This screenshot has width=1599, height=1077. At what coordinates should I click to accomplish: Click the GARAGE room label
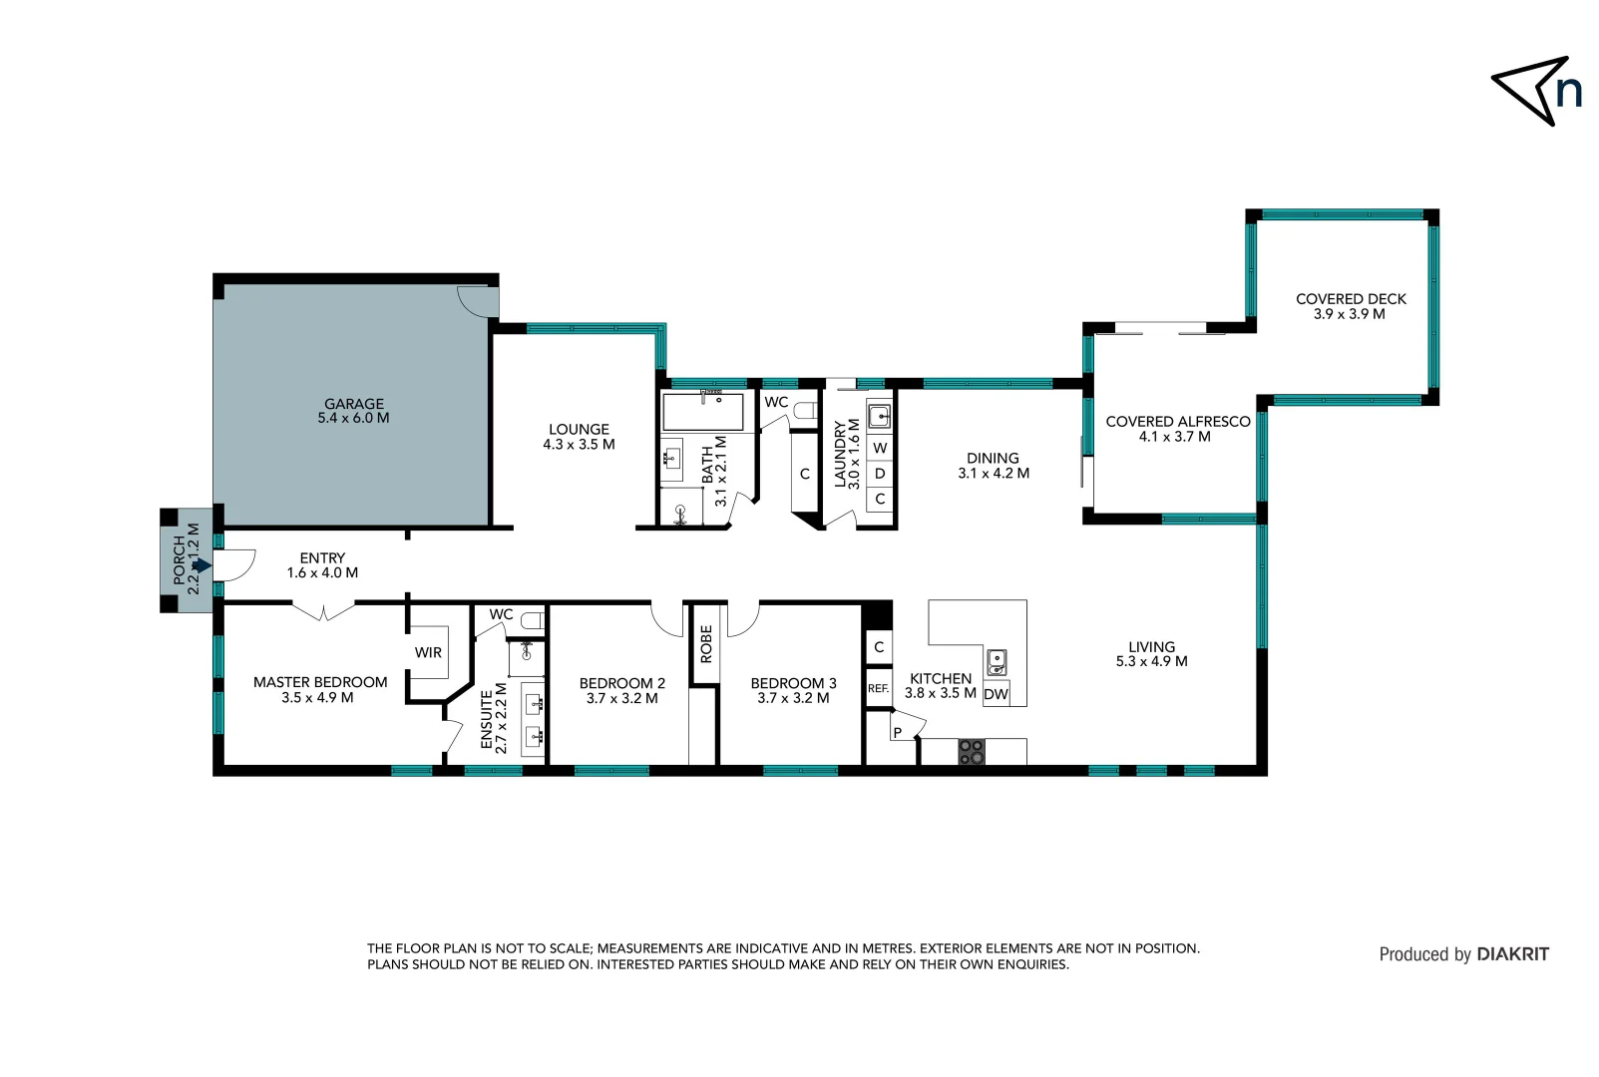353,404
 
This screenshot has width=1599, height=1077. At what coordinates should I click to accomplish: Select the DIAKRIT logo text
1512,954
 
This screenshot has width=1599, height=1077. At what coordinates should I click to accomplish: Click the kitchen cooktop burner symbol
971,751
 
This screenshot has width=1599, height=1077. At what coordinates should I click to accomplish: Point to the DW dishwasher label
996,694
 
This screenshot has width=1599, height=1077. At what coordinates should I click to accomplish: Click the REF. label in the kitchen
878,688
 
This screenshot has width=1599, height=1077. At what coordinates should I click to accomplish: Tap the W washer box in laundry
880,448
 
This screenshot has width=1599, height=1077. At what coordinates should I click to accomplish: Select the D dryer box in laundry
880,473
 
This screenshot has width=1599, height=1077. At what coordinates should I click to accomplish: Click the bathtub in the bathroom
703,412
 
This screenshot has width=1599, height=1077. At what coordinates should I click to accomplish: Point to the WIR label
428,652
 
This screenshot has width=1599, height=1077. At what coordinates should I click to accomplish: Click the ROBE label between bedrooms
706,644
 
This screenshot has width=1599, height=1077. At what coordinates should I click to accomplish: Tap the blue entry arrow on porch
201,565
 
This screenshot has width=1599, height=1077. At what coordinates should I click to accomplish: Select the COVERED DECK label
1351,298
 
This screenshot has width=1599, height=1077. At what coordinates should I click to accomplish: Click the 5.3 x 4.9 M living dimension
1151,661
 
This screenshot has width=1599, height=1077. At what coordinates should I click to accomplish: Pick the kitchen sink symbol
996,661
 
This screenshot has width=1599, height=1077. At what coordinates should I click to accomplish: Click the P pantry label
897,732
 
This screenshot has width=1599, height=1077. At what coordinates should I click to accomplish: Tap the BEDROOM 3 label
793,683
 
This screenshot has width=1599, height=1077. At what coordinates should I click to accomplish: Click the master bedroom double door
323,609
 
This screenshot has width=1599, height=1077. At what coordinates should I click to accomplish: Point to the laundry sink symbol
879,416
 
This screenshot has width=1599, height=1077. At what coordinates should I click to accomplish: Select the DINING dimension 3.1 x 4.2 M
994,474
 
